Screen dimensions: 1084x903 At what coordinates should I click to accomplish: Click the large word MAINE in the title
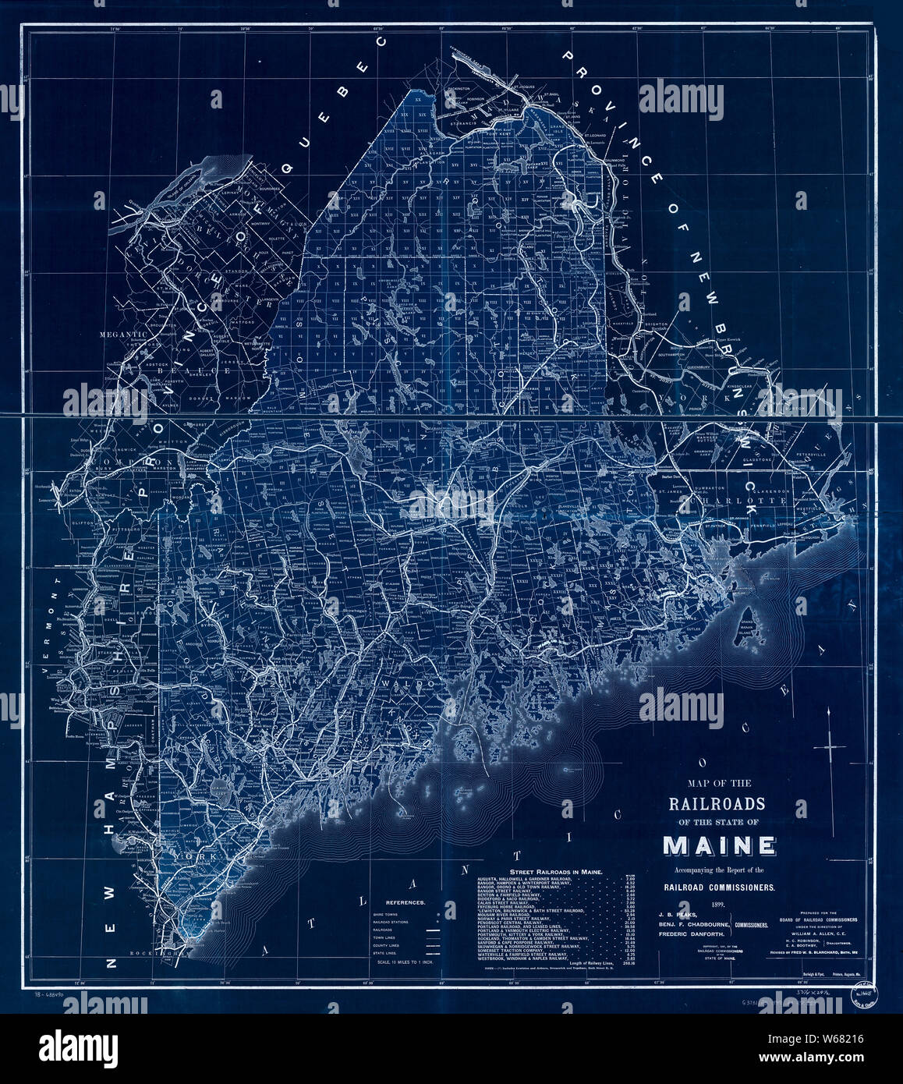[719, 845]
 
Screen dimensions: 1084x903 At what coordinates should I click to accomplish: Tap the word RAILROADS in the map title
[716, 803]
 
